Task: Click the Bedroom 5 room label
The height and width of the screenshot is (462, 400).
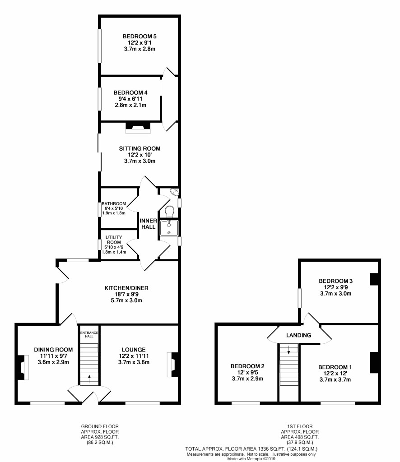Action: pyautogui.click(x=140, y=37)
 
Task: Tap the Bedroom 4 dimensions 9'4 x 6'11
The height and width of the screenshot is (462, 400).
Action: pyautogui.click(x=130, y=99)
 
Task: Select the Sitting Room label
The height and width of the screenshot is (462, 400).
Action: pyautogui.click(x=140, y=148)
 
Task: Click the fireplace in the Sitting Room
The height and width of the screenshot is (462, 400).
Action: pyautogui.click(x=138, y=127)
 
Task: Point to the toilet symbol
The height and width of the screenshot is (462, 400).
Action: pyautogui.click(x=169, y=212)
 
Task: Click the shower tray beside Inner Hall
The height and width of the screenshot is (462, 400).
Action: pyautogui.click(x=169, y=228)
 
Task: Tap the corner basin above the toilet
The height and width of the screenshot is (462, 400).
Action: pyautogui.click(x=175, y=192)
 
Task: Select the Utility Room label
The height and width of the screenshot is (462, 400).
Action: pyautogui.click(x=114, y=240)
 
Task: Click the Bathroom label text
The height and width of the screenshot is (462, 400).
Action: pyautogui.click(x=114, y=203)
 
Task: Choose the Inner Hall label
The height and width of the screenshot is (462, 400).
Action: pyautogui.click(x=148, y=224)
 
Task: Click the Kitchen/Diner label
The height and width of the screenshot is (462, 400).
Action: pyautogui.click(x=126, y=288)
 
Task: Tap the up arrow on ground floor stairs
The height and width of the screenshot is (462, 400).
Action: pyautogui.click(x=89, y=379)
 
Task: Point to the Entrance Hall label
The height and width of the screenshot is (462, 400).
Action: pyautogui.click(x=89, y=334)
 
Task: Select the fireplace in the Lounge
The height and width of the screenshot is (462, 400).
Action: pyautogui.click(x=172, y=365)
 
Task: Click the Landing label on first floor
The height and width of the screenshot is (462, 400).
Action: pyautogui.click(x=298, y=335)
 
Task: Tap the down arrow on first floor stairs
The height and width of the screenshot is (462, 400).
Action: pyautogui.click(x=288, y=350)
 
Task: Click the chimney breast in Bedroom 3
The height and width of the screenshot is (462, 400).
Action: pyautogui.click(x=374, y=279)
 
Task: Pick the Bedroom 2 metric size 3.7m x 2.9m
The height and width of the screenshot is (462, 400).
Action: pyautogui.click(x=247, y=379)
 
